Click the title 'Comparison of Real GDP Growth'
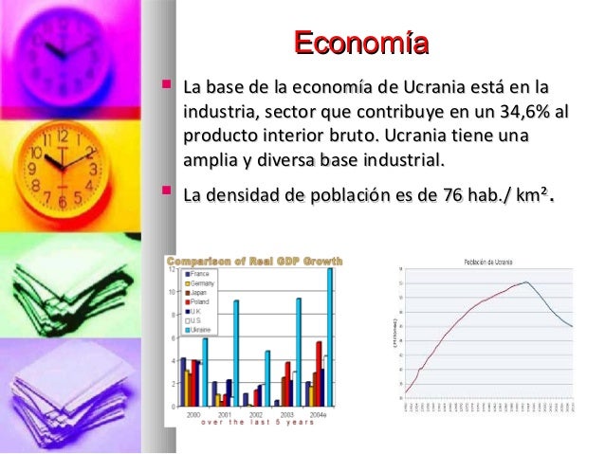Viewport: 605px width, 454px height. tap(255, 261)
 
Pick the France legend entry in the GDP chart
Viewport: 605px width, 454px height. tap(200, 273)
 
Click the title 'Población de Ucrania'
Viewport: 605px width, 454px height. tap(488, 259)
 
